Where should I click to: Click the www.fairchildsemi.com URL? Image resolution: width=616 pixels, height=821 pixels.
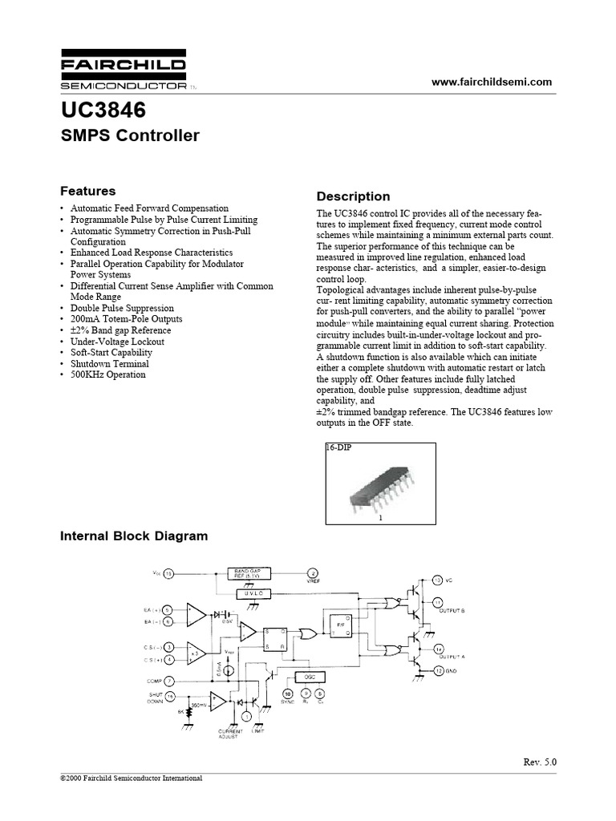coord(492,82)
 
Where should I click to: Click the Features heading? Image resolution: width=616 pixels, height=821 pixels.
coord(88,191)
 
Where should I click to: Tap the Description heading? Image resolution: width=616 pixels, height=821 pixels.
coord(353,196)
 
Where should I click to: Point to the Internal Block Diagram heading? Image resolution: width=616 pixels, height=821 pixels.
coord(134,536)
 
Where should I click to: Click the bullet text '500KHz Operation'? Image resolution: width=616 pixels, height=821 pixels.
coord(107,374)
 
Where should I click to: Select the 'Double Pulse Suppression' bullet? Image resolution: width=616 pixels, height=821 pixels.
coord(121,308)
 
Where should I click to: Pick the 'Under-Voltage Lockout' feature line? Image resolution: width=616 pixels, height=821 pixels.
coord(117,342)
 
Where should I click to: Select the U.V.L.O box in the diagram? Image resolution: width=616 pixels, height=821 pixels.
coord(253,593)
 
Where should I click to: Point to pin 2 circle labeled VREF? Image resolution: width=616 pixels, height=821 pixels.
coord(313,574)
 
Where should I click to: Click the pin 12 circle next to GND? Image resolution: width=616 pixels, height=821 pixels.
coord(438,669)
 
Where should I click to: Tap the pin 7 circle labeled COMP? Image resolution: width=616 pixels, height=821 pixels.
coord(168,681)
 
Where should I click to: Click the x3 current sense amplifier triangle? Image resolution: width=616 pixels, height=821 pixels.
coord(196,653)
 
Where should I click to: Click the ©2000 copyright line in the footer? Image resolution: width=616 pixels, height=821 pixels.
coord(132,779)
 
